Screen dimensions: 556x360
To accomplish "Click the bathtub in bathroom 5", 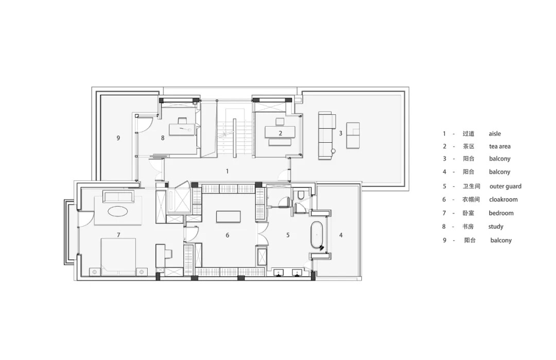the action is pos(317,235).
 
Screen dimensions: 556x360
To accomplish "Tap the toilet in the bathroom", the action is pos(301,195).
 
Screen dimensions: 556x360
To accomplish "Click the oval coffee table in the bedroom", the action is pos(118,212).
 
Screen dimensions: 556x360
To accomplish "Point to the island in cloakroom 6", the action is pos(229,217).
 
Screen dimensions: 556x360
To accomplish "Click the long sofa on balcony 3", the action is pos(326,136).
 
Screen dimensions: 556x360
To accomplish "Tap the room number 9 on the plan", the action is pos(118,138).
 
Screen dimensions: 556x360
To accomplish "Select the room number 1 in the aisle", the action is pos(228,172).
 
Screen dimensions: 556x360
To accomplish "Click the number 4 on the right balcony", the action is pos(341,235).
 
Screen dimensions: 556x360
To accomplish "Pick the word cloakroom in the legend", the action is pos(503,199).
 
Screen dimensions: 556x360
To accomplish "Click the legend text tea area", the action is pos(499,146).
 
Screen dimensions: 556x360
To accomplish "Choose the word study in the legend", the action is pos(496,227).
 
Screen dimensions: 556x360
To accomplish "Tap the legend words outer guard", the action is pos(506,186).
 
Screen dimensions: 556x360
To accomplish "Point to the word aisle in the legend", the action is pos(495,134).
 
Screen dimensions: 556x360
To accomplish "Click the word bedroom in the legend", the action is pos(501,213).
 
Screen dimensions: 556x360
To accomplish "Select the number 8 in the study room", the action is pos(163,138).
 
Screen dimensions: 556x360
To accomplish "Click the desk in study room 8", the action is pos(182,129).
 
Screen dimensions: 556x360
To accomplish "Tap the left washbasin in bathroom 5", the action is pos(280,272).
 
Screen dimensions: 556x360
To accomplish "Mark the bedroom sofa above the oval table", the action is pos(118,196).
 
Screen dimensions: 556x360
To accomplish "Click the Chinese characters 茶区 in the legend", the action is pos(468,146).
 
